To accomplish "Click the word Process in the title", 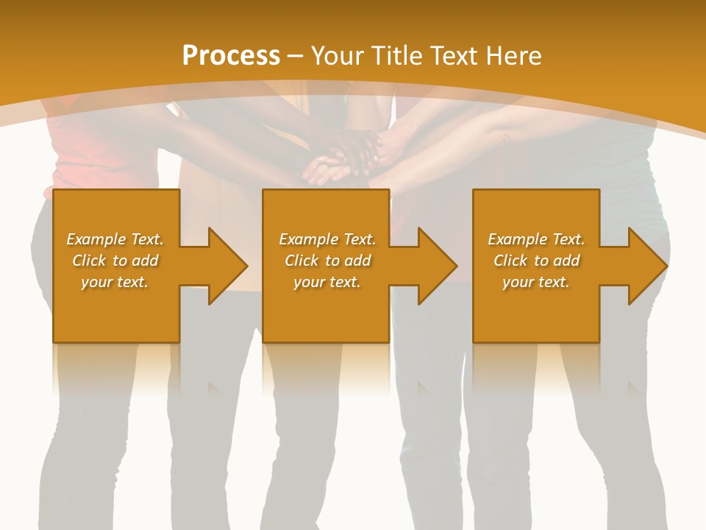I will click(x=231, y=56).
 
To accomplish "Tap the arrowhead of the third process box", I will click(x=647, y=266).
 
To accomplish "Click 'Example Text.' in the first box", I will click(x=115, y=239).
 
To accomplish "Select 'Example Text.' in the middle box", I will click(x=327, y=239).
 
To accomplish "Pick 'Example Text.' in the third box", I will click(x=536, y=239).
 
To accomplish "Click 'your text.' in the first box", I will click(x=115, y=282).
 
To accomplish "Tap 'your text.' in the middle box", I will click(x=327, y=282).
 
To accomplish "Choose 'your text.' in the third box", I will click(x=536, y=282).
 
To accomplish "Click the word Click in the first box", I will click(x=89, y=261).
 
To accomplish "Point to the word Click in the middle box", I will click(x=302, y=261).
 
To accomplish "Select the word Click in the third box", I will click(x=510, y=261).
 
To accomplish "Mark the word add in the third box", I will click(x=566, y=261).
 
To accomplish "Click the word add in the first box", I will click(x=145, y=261).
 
